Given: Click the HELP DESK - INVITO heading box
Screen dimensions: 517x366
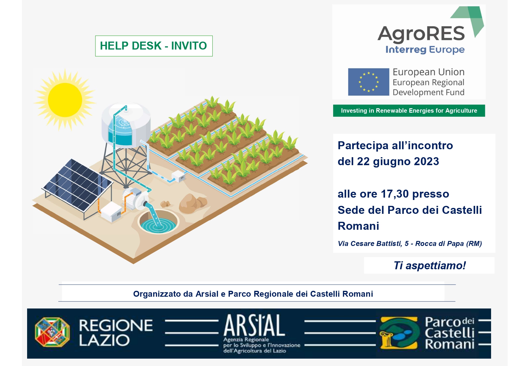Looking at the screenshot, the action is pos(154,46).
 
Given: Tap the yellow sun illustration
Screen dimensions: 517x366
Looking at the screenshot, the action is pos(65,100).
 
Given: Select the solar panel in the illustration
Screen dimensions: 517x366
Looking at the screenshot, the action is pos(77,185).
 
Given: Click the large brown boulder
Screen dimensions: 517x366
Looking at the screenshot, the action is pos(191,203).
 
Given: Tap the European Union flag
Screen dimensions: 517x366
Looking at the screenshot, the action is pos(369,82).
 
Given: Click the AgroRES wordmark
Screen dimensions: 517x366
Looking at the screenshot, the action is pos(421,34).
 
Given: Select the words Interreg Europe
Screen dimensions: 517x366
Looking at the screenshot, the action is pos(425,50).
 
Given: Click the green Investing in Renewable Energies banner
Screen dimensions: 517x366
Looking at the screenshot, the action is pos(409,111).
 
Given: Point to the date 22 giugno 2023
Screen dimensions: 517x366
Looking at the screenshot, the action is pos(398,162).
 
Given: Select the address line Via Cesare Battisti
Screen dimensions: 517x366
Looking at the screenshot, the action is pos(410,244).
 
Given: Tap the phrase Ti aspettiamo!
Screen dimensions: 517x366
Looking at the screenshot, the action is pos(430,265).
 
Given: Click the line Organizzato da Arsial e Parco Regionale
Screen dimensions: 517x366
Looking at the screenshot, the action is pos(253,294).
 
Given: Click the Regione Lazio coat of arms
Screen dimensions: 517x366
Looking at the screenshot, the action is pos(52,332).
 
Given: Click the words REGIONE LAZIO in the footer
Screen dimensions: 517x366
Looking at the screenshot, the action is pos(116,333).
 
